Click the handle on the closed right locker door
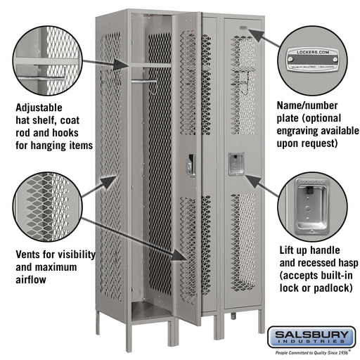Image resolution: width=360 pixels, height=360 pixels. tap(234, 163)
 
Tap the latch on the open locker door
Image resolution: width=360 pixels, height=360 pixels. tap(191, 166)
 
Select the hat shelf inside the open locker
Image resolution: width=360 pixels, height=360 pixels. tap(149, 65)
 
